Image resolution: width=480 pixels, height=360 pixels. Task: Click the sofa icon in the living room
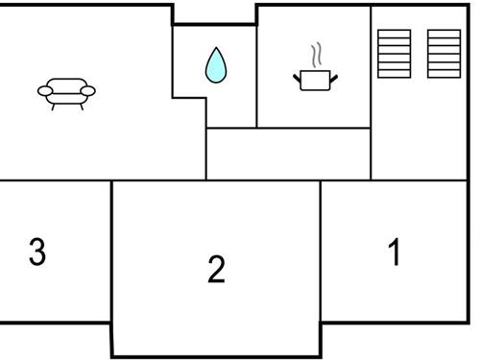tap(66, 92)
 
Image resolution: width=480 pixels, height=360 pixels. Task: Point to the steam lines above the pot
tap(316, 55)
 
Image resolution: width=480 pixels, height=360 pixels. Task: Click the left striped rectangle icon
tap(394, 54)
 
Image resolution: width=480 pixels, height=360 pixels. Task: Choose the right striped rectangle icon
tap(444, 54)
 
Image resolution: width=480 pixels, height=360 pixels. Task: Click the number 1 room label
tap(394, 252)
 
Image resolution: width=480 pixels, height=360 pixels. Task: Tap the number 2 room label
tap(216, 270)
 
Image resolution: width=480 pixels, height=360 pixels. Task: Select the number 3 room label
tap(36, 252)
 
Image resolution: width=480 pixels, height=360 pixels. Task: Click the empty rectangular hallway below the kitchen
tap(288, 154)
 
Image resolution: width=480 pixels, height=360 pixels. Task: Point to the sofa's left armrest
tap(44, 91)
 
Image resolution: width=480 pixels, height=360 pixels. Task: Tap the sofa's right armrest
tap(89, 90)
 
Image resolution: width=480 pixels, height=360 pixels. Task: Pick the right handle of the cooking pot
tap(334, 75)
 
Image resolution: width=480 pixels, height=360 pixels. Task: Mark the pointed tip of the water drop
tap(215, 49)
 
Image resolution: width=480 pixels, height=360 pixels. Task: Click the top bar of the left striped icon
tap(394, 32)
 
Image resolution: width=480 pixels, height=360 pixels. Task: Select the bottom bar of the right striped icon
tap(444, 75)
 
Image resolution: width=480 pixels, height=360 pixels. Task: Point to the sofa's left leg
tap(53, 104)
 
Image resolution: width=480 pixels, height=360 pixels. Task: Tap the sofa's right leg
tap(81, 104)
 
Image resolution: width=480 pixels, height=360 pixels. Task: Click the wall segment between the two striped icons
tap(419, 54)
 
